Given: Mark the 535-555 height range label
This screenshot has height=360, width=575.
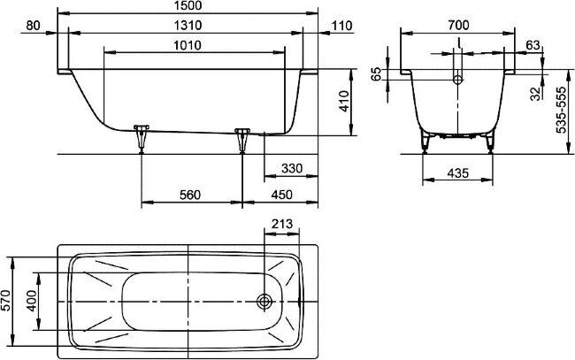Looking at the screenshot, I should pos(559,110).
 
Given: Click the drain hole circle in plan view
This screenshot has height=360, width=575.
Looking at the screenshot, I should pos(264,302).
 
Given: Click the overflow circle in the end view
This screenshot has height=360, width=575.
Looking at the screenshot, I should pos(458,80).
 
